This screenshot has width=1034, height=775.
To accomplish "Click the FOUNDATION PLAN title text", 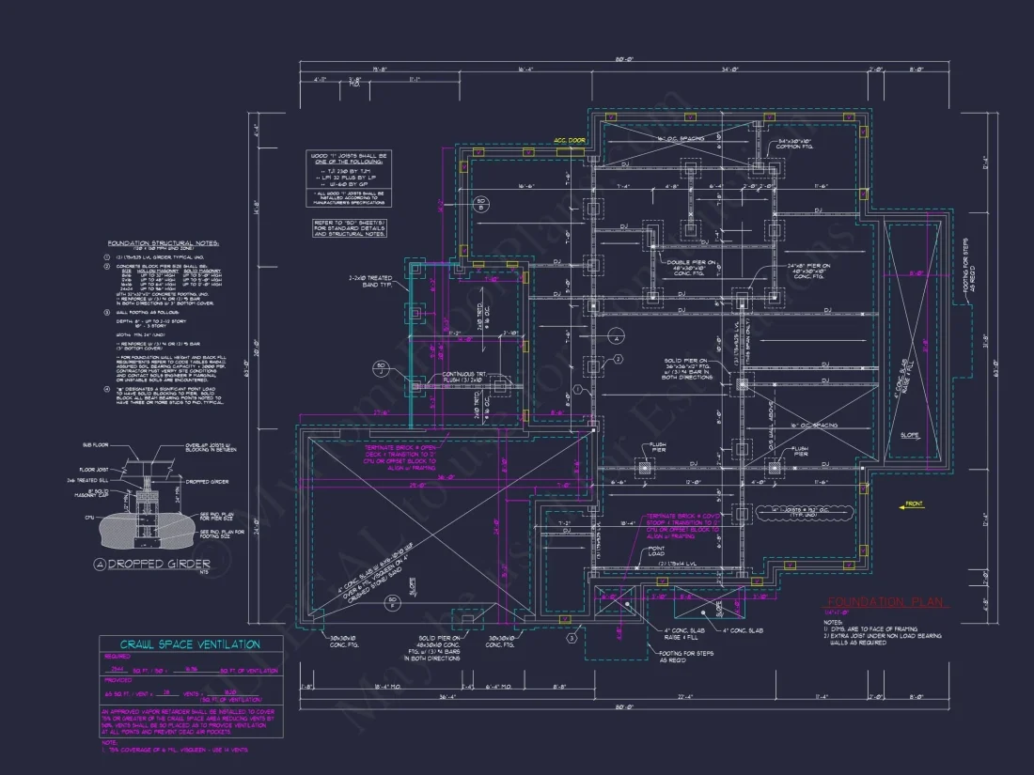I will (886, 603).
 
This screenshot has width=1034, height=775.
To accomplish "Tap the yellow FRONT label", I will (913, 505).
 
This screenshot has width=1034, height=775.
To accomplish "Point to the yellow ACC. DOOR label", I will (570, 141).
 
